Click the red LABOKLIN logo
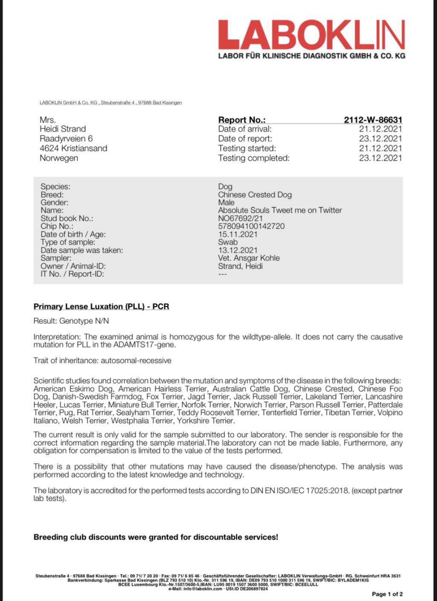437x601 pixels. coord(311,35)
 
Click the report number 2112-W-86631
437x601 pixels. coord(373,120)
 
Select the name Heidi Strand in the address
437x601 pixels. coord(63,129)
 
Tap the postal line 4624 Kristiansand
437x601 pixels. coord(73,148)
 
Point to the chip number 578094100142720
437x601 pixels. coord(251,226)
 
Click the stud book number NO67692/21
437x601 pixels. coord(240,218)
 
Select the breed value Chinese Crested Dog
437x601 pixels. coord(255,195)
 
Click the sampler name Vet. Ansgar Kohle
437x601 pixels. coord(249,258)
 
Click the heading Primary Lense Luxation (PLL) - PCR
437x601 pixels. coord(101,306)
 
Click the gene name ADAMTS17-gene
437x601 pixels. coord(149,345)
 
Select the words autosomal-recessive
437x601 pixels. coord(136,360)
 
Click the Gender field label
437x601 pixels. coord(54,202)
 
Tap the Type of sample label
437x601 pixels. coord(68,242)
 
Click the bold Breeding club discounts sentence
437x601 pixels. coord(156,537)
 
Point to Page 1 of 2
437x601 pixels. coord(387,594)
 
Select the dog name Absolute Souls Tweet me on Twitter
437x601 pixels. coord(280,210)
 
